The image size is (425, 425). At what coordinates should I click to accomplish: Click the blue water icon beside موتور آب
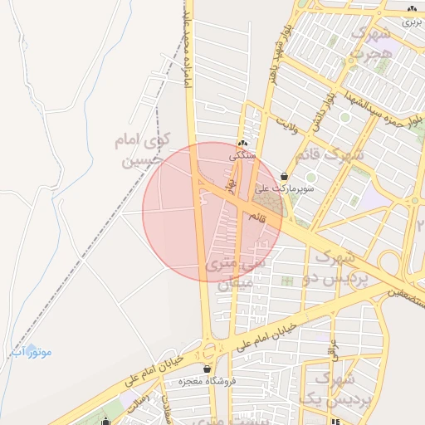32,351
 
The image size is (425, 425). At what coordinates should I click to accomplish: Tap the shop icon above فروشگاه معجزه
206,369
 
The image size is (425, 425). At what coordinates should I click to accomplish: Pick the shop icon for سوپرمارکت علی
286,176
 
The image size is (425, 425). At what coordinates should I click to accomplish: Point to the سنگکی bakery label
243,155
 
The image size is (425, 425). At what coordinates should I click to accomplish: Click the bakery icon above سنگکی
242,143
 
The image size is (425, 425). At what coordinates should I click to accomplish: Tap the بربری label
412,22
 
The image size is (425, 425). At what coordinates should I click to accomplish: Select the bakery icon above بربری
412,9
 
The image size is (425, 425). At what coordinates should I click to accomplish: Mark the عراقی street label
335,349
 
